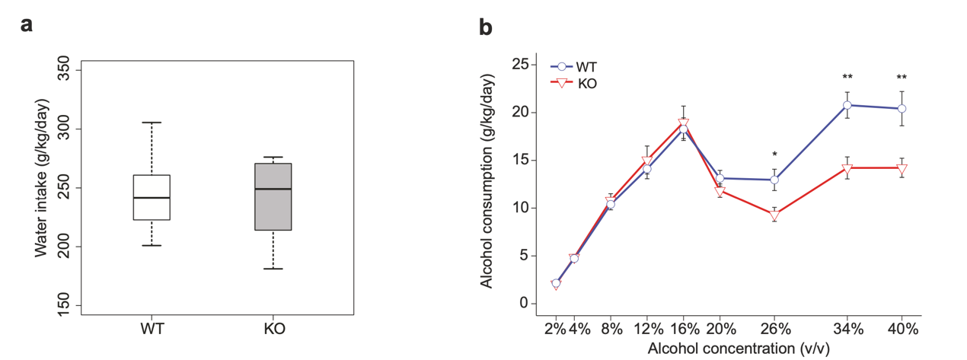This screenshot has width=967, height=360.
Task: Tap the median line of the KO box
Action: point(273,189)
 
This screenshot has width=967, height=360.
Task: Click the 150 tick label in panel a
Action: point(64,306)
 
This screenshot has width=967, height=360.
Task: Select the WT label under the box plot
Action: point(152,330)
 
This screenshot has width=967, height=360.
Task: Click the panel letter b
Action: point(485,27)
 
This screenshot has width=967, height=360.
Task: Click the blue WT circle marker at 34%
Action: point(847,105)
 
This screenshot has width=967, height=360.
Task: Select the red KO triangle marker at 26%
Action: point(774,215)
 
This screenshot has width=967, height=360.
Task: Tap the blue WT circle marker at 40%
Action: point(902,109)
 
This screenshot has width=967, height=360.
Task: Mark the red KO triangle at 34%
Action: point(847,168)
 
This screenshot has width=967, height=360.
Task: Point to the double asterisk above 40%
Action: point(902,78)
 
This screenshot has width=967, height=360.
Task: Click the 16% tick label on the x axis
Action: point(683,329)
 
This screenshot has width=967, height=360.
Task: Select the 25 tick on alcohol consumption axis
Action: point(520,65)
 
